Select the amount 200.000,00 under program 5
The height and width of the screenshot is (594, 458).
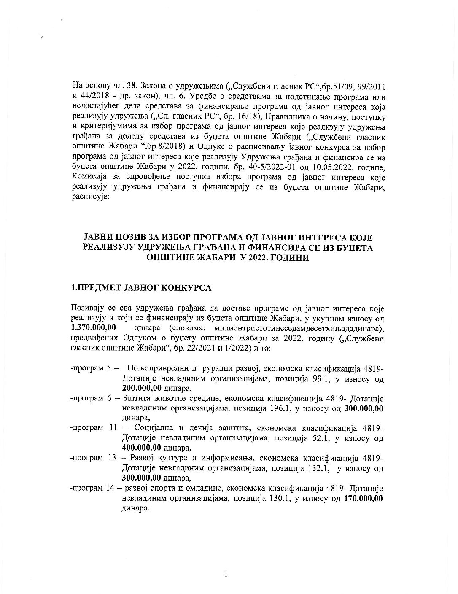pos(141,388)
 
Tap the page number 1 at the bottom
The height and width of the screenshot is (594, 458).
pos(226,573)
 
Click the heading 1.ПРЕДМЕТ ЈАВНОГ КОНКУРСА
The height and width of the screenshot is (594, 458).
pos(141,288)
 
